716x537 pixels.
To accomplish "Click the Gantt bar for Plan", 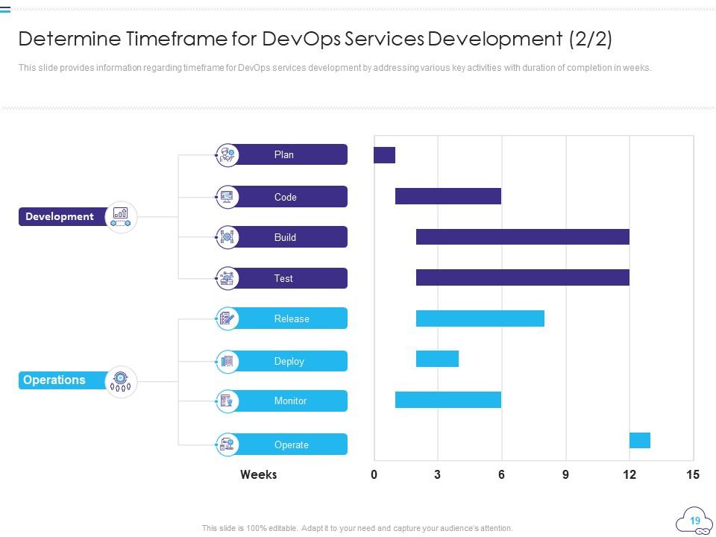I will tap(384, 155).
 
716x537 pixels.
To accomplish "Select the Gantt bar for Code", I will tap(447, 196).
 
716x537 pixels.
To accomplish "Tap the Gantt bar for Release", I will tap(480, 318).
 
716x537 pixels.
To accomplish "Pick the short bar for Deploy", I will tap(437, 359).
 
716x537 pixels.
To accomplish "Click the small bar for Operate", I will tap(639, 440).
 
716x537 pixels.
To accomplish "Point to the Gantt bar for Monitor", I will tap(447, 400).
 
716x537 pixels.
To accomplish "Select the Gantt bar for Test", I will tap(522, 277).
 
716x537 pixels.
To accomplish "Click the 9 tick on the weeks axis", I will tap(565, 475).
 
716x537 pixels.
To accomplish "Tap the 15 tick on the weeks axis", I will tap(693, 475).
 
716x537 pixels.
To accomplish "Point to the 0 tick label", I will tap(374, 475).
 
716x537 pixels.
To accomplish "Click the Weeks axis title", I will tap(258, 474).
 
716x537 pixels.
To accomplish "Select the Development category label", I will tap(60, 216).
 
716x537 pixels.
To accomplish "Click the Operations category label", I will tap(54, 380).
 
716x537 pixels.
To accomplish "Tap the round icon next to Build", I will tap(227, 237).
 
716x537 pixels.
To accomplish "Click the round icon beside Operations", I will tap(121, 382).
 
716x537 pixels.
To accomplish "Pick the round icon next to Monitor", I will tap(227, 401).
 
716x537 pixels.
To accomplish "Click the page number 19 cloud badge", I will tap(694, 521).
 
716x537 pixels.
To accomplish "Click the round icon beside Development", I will tap(121, 216).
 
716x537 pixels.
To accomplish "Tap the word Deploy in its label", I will tap(289, 361).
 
